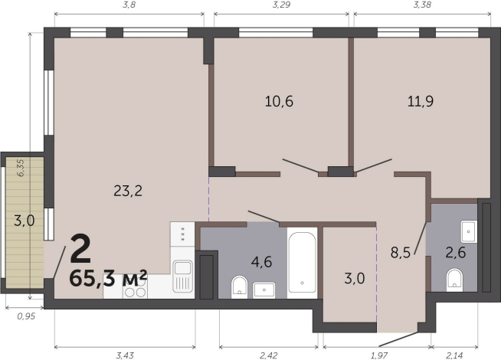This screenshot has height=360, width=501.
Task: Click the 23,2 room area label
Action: coord(128,191)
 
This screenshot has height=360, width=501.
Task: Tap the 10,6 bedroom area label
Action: coord(279,102)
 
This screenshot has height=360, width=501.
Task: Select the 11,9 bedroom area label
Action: coord(421,102)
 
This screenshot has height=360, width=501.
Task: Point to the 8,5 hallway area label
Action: coord(401,253)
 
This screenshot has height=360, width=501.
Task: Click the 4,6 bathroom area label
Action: coord(261,262)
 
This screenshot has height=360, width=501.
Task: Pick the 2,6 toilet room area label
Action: coord(456,253)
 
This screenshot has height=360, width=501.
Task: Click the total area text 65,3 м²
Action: coord(108,278)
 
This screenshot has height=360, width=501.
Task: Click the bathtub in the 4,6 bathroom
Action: coord(302,263)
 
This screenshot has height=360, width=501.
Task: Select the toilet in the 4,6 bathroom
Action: coord(239,285)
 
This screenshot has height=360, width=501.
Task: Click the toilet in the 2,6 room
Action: coord(454,280)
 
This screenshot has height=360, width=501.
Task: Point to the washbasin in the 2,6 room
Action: coord(469,231)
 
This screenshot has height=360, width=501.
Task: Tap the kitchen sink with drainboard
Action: coord(182,277)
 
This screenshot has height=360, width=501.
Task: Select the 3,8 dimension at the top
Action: coord(129,5)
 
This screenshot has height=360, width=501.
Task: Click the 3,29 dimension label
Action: coord(281,5)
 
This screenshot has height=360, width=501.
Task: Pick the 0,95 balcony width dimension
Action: coord(26,316)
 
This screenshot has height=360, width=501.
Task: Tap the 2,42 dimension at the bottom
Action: coord(268,355)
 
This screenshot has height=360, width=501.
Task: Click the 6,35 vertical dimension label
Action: coord(20,168)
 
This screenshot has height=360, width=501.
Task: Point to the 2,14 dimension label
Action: coord(454,355)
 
